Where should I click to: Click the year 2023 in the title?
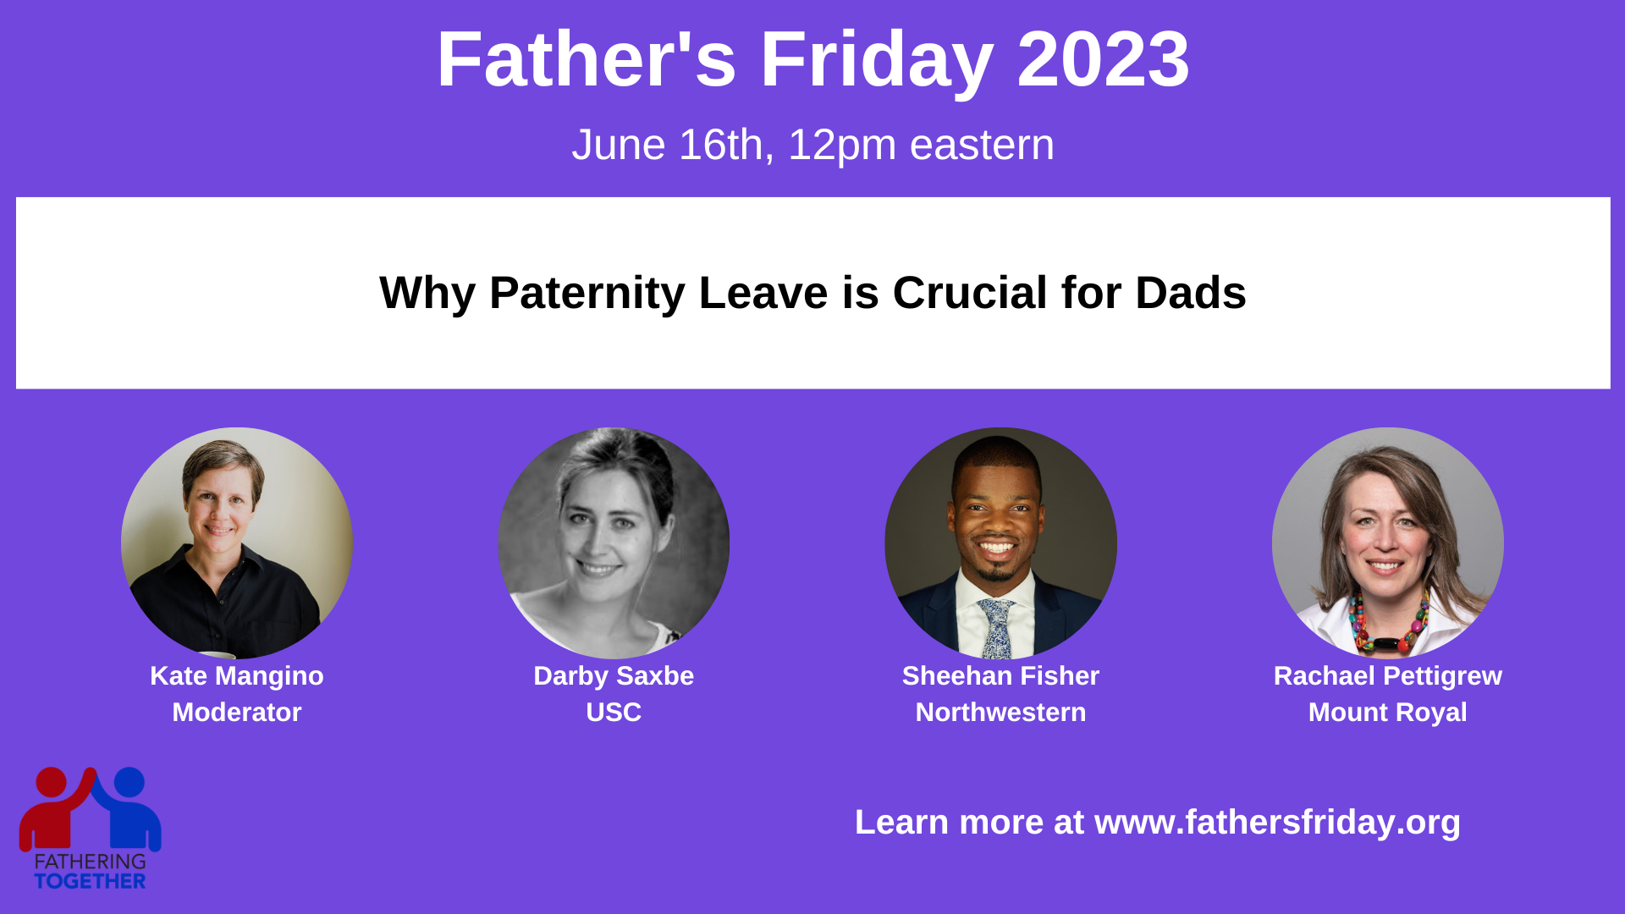tap(1103, 59)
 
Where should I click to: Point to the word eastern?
tap(982, 145)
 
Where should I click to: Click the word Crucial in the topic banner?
tap(970, 293)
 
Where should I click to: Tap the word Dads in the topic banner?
tap(1191, 293)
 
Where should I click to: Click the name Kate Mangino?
tap(237, 676)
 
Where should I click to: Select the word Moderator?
tap(237, 713)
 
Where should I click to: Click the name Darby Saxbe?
tap(614, 676)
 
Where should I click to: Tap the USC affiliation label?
tap(614, 713)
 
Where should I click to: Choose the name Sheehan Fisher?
tap(1000, 676)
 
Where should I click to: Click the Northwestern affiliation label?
tap(1000, 713)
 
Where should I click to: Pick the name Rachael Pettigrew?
tap(1388, 676)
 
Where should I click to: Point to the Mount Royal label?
tap(1388, 713)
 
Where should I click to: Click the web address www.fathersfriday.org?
tap(1277, 823)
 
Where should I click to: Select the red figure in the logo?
tap(54, 808)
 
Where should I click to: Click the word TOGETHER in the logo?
tap(90, 882)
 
